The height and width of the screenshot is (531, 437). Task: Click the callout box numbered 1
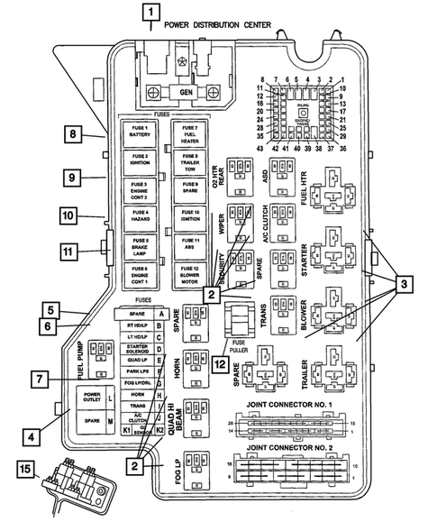(150, 13)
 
